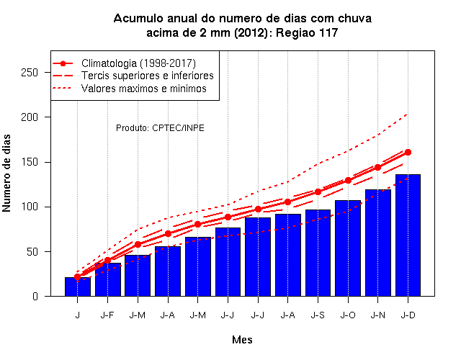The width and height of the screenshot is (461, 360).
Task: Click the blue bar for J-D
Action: pyautogui.click(x=408, y=235)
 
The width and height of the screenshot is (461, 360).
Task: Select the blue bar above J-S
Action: pyautogui.click(x=318, y=253)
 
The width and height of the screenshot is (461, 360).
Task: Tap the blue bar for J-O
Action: pyautogui.click(x=348, y=248)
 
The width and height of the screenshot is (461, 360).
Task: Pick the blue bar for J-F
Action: pyautogui.click(x=107, y=279)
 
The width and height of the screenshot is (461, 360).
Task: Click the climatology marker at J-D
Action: pyautogui.click(x=408, y=152)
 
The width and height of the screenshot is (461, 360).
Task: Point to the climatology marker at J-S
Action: pyautogui.click(x=318, y=192)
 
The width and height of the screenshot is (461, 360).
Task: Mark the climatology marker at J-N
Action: pyautogui.click(x=377, y=167)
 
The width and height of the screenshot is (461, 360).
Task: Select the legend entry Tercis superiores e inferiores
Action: pyautogui.click(x=133, y=76)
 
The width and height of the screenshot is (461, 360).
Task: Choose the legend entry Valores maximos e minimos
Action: pyautogui.click(x=130, y=88)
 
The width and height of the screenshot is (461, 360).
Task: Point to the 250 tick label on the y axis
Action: pyautogui.click(x=30, y=72)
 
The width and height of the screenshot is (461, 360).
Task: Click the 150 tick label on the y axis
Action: pyautogui.click(x=30, y=162)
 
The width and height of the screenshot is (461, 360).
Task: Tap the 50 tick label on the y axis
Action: pyautogui.click(x=32, y=251)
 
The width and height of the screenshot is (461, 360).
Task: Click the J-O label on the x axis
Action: pyautogui.click(x=348, y=315)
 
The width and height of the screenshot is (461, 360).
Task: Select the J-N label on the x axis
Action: pyautogui.click(x=377, y=315)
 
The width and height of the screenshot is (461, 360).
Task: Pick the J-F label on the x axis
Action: pyautogui.click(x=107, y=315)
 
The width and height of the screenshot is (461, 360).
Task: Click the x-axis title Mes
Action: pyautogui.click(x=242, y=340)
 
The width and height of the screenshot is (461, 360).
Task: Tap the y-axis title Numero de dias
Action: pyautogui.click(x=6, y=173)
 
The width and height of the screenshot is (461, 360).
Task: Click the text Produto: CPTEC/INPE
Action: pyautogui.click(x=160, y=128)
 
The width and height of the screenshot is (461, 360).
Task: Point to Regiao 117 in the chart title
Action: pyautogui.click(x=307, y=32)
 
